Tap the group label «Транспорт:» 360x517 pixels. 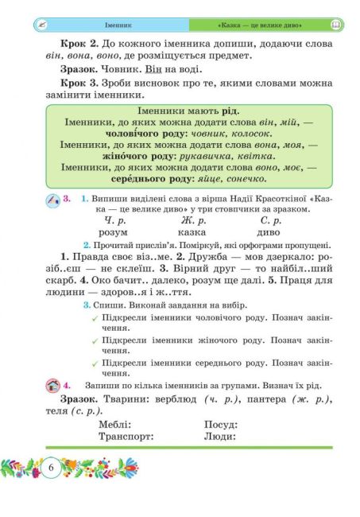click(126, 437)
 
